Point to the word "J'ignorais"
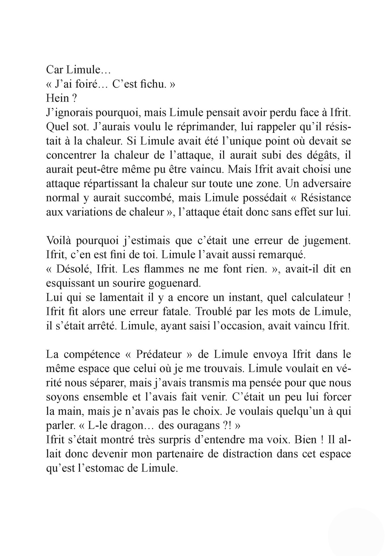click(68, 113)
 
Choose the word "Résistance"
click(326, 198)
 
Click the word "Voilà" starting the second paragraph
click(58, 240)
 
